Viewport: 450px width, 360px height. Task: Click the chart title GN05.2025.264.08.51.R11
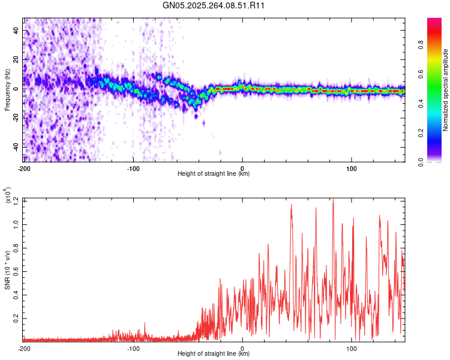tap(214, 5)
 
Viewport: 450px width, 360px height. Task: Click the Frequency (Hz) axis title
tap(7, 90)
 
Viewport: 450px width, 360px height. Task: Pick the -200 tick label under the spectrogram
tap(24, 168)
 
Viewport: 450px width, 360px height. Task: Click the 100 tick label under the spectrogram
tap(352, 168)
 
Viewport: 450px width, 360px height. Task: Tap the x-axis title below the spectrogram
tap(214, 174)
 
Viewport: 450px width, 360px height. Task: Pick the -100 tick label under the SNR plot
tap(133, 348)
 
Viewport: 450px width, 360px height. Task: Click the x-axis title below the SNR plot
tap(214, 354)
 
